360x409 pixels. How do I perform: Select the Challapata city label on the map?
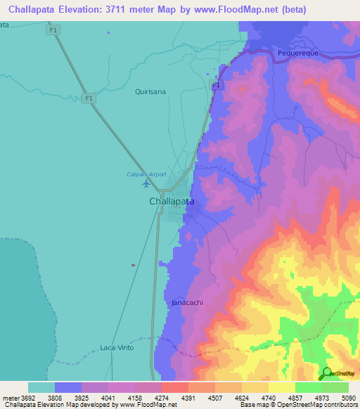pyautogui.click(x=172, y=201)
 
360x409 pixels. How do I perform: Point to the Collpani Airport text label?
pyautogui.click(x=145, y=174)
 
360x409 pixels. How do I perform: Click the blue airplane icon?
pyautogui.click(x=146, y=184)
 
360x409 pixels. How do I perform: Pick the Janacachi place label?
pyautogui.click(x=187, y=302)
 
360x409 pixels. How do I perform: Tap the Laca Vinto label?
pyautogui.click(x=116, y=347)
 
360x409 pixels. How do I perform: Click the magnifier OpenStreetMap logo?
pyautogui.click(x=326, y=373)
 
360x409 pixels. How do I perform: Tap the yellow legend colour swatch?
pyautogui.click(x=281, y=387)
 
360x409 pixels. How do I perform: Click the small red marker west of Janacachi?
pyautogui.click(x=133, y=265)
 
